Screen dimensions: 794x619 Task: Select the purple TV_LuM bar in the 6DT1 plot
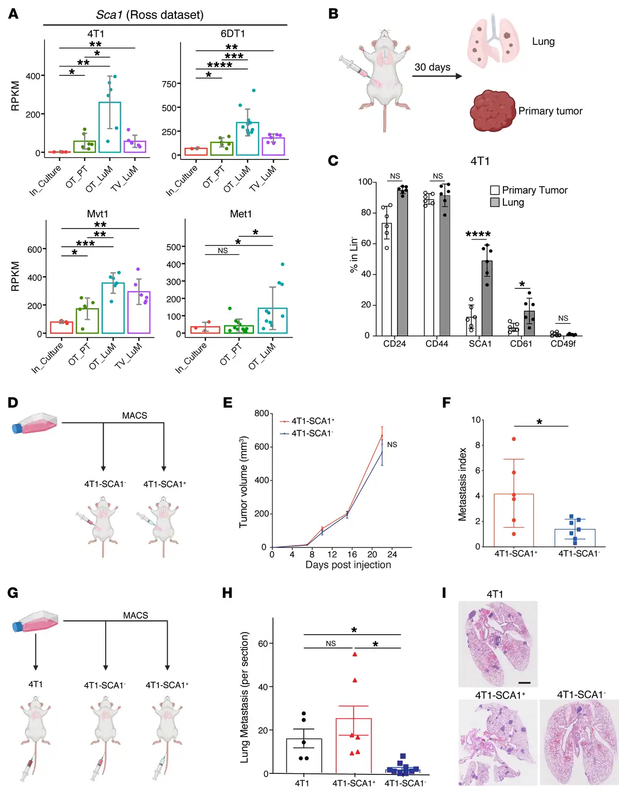tap(273, 147)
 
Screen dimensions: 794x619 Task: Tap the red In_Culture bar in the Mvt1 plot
tap(61, 328)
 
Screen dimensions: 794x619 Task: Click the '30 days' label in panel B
tap(432, 67)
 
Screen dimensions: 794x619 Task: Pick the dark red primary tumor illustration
tap(492, 111)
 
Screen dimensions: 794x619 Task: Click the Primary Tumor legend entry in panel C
tap(529, 190)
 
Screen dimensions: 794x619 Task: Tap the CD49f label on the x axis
tap(563, 344)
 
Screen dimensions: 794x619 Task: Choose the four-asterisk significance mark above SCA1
tap(478, 235)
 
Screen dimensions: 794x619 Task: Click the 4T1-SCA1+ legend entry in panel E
tap(307, 421)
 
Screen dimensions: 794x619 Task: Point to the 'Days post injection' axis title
tap(348, 565)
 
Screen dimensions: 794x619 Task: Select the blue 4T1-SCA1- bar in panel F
tap(575, 538)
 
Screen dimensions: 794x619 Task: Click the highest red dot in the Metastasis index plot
tap(514, 439)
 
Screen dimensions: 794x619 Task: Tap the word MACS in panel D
tap(135, 415)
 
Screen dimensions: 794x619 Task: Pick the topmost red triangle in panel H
tap(355, 654)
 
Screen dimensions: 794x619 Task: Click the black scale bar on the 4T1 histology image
tap(525, 683)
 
